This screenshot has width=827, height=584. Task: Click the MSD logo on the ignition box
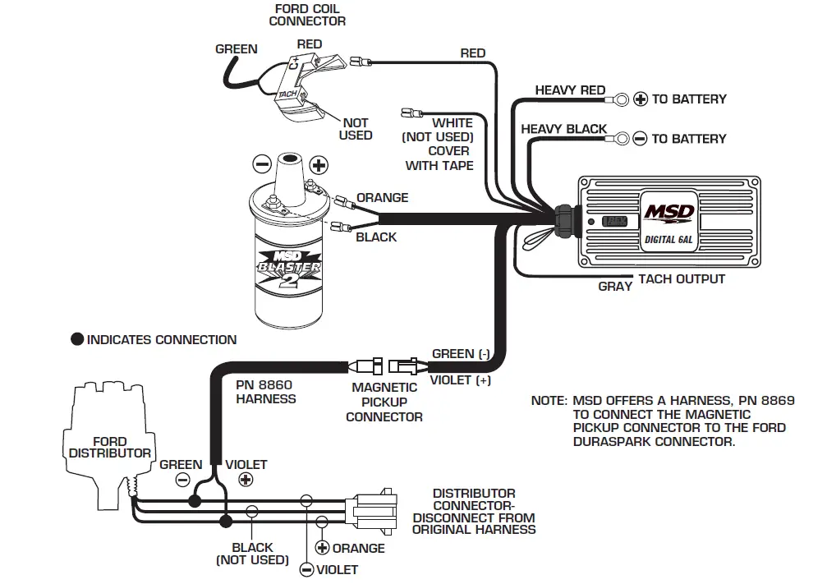pos(668,213)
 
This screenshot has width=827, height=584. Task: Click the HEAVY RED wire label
pos(570,90)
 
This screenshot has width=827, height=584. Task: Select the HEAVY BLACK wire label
pos(563,129)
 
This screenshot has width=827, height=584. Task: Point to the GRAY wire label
pos(615,287)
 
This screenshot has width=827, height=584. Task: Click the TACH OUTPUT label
pos(682,279)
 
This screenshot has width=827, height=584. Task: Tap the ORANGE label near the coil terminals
pos(382,198)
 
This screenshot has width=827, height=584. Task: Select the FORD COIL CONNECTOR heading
pos(307,15)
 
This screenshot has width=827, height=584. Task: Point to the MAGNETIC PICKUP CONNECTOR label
pos(384,402)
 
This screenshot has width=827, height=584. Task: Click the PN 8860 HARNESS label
pos(265,391)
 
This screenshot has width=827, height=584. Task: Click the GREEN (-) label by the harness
pos(461,354)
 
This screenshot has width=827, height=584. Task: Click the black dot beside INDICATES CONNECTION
pos(77,339)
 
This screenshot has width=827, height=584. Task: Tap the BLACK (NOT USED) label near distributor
pos(252,554)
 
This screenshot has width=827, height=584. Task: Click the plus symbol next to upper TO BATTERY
pos(641,99)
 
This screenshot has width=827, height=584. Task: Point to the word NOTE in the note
pos(548,401)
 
